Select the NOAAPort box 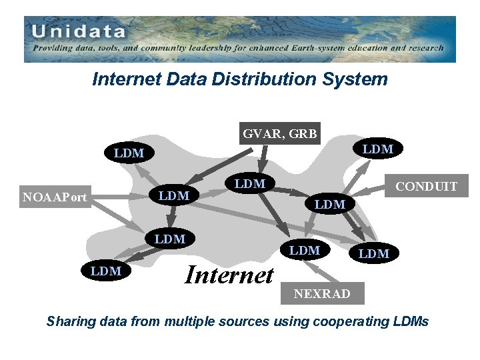click(54, 197)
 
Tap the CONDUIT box click(426, 187)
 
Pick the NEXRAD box click(321, 293)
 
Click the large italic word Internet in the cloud click(229, 274)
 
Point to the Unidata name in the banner click(78, 31)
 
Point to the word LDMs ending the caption click(412, 322)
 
